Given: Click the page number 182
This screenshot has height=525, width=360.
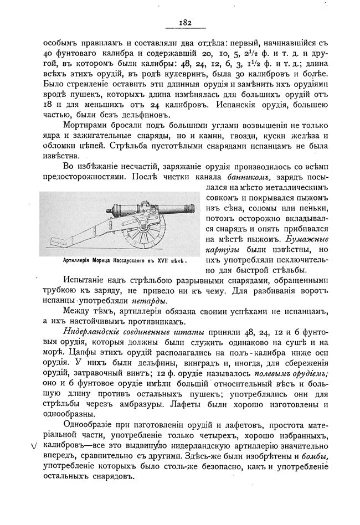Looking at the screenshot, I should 185,23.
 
